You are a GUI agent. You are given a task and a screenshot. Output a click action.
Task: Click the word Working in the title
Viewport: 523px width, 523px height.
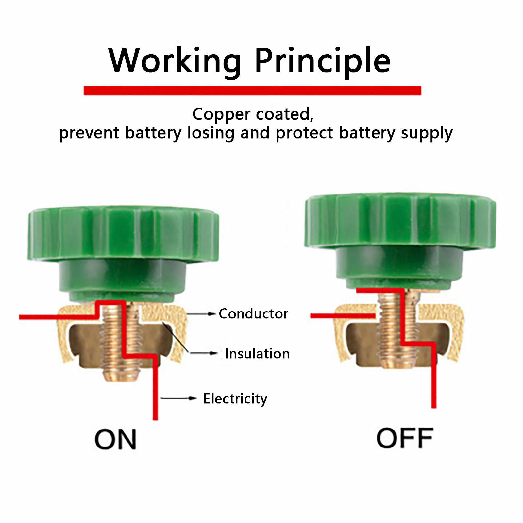[x=175, y=60]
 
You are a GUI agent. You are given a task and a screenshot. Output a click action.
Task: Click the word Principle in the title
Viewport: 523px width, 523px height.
[x=322, y=60]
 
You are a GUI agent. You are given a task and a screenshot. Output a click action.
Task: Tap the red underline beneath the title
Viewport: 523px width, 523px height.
[x=252, y=91]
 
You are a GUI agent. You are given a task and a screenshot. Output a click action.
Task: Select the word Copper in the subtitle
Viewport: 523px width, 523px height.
[x=221, y=114]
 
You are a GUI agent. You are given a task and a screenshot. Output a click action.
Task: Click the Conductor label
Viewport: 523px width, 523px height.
[x=253, y=314]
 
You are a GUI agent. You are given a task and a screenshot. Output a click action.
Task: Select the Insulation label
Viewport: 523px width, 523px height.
[x=257, y=354]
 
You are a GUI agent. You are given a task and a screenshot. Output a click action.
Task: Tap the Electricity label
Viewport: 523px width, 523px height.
[x=235, y=399]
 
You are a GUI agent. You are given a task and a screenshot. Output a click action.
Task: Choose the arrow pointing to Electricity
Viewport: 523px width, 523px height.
[x=178, y=398]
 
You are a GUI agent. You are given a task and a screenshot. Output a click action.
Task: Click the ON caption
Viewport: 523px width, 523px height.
[x=115, y=439]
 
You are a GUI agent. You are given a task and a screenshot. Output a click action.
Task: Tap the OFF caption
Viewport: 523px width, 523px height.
[x=405, y=438]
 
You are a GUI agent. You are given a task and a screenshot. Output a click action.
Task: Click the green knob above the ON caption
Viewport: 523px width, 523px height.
[x=123, y=235]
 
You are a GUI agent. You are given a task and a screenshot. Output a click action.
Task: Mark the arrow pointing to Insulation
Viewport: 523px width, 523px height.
[x=204, y=353]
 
